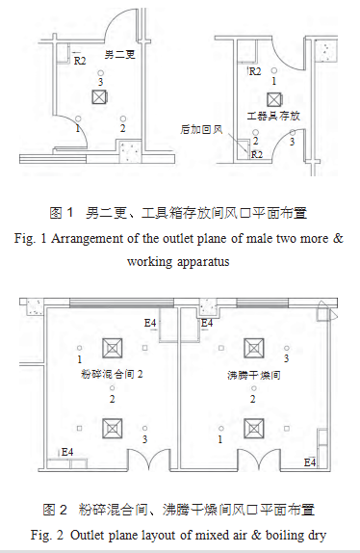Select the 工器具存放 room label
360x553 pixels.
pos(274,115)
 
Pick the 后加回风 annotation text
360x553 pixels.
pos(201,128)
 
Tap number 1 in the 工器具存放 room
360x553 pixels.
pos(274,82)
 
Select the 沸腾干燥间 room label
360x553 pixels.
pos(253,374)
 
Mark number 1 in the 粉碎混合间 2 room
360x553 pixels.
pos(79,358)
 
